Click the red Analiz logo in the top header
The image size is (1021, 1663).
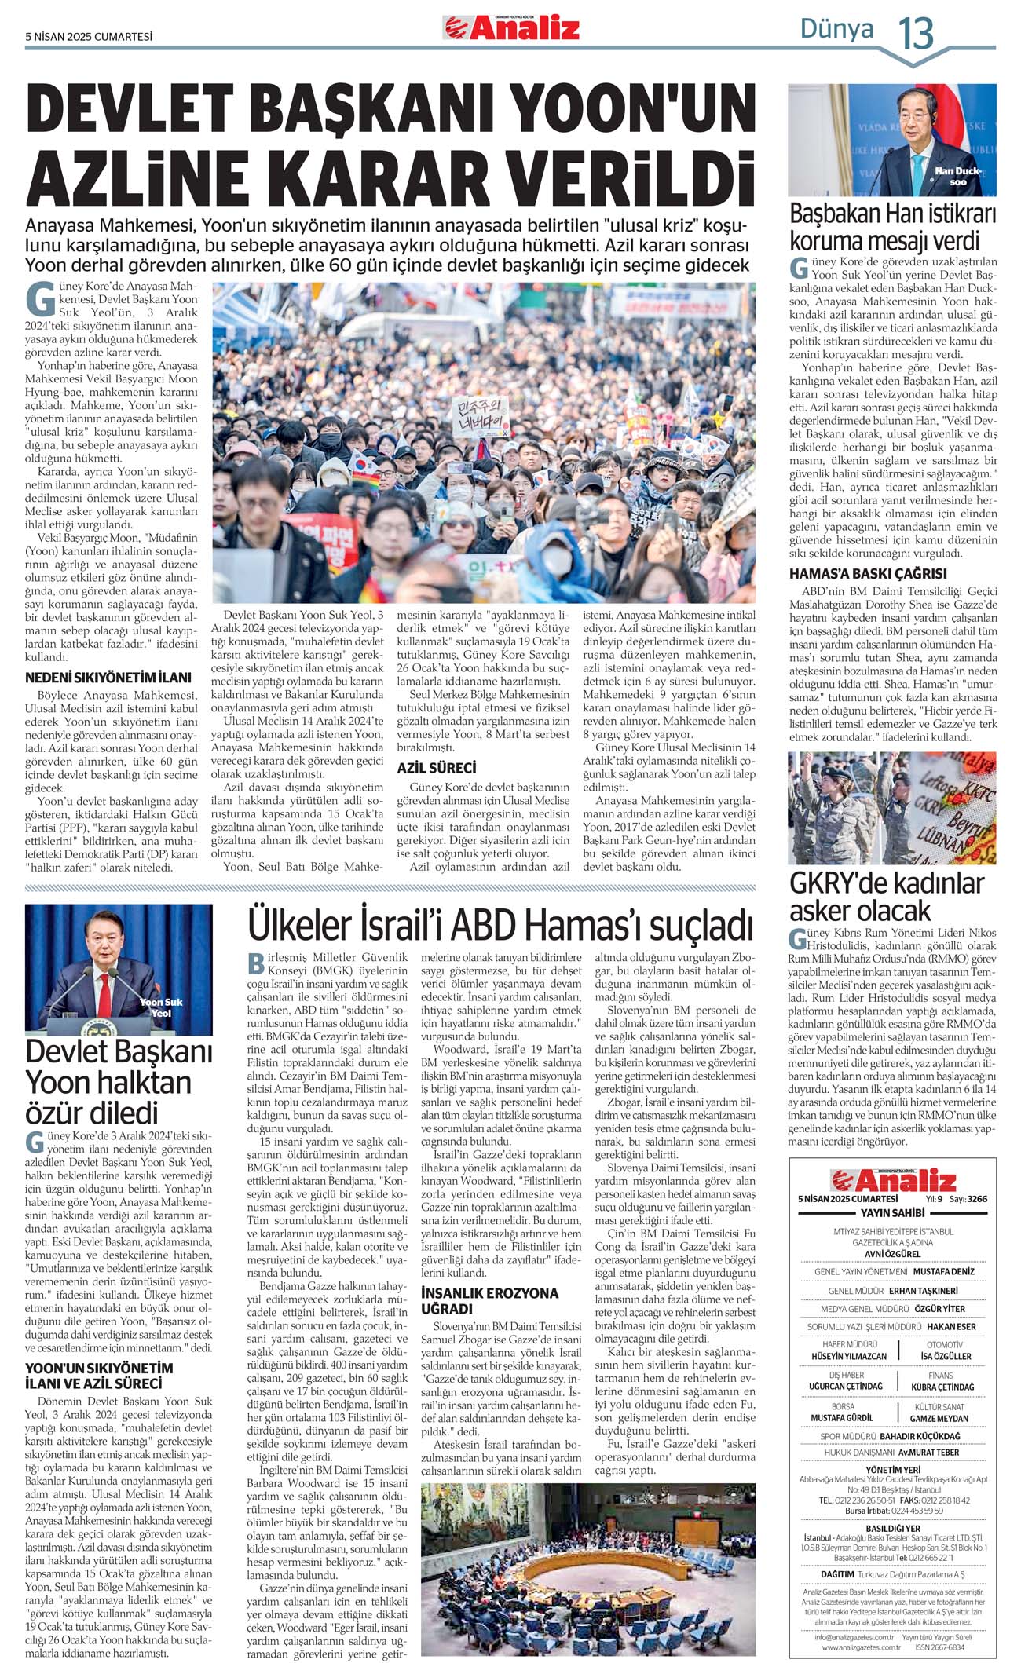click(511, 28)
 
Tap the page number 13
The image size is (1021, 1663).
click(916, 33)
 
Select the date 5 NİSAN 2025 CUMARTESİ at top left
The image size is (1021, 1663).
click(89, 36)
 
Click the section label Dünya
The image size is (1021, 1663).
click(836, 29)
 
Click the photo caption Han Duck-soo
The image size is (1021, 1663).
click(957, 176)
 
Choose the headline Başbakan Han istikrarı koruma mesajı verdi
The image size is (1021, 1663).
click(892, 226)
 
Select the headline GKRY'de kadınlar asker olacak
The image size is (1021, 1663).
click(886, 897)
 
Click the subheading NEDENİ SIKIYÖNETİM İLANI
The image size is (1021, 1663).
click(108, 678)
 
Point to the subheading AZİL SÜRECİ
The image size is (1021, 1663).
click(437, 768)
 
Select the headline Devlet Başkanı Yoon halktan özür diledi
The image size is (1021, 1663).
click(119, 1082)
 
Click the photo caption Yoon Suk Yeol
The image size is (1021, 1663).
click(161, 1007)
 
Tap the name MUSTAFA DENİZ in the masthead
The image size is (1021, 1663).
click(943, 1271)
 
